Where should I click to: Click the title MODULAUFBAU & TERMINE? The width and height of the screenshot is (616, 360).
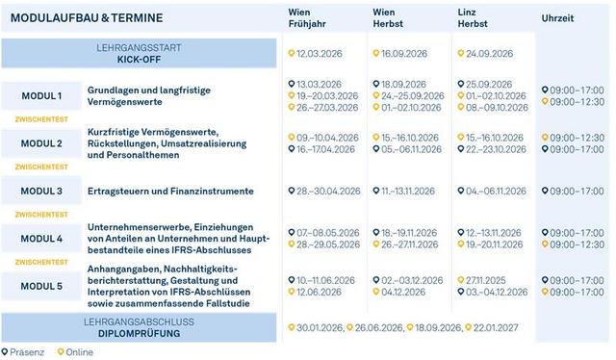[85, 18]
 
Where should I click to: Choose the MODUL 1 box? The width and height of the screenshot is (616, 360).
[41, 96]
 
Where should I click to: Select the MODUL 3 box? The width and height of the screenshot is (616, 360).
[41, 191]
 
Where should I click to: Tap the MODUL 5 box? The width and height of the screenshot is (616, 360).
[41, 286]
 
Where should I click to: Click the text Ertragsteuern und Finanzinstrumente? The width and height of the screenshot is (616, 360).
[170, 191]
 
